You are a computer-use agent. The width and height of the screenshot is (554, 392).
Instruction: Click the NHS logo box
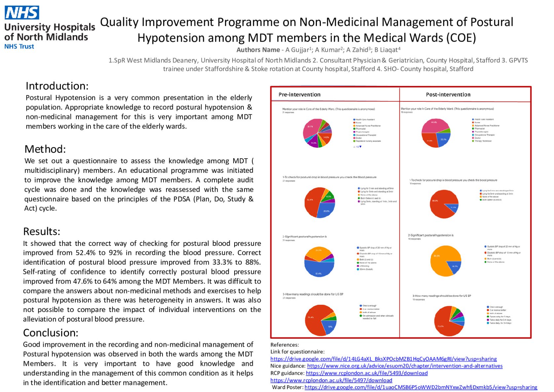tap(22, 13)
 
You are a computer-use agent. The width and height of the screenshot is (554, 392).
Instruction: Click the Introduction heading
tap(57, 86)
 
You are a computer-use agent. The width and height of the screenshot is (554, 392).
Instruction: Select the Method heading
tap(45, 149)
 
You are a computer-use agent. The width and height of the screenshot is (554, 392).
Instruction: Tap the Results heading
tap(42, 231)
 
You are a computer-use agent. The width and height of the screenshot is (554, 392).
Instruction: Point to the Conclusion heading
tap(51, 333)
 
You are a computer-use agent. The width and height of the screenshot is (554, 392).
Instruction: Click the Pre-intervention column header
tap(299, 95)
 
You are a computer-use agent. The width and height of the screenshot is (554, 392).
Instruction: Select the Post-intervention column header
tap(448, 95)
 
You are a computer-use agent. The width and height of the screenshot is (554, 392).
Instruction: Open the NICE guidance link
tap(405, 366)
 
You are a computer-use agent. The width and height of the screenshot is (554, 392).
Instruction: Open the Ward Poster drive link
tap(421, 387)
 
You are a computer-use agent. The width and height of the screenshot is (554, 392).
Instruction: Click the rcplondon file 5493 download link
tap(367, 373)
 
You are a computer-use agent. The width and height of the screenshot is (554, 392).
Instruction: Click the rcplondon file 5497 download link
tap(331, 380)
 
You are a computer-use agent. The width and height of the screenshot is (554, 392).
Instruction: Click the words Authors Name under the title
tap(258, 50)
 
